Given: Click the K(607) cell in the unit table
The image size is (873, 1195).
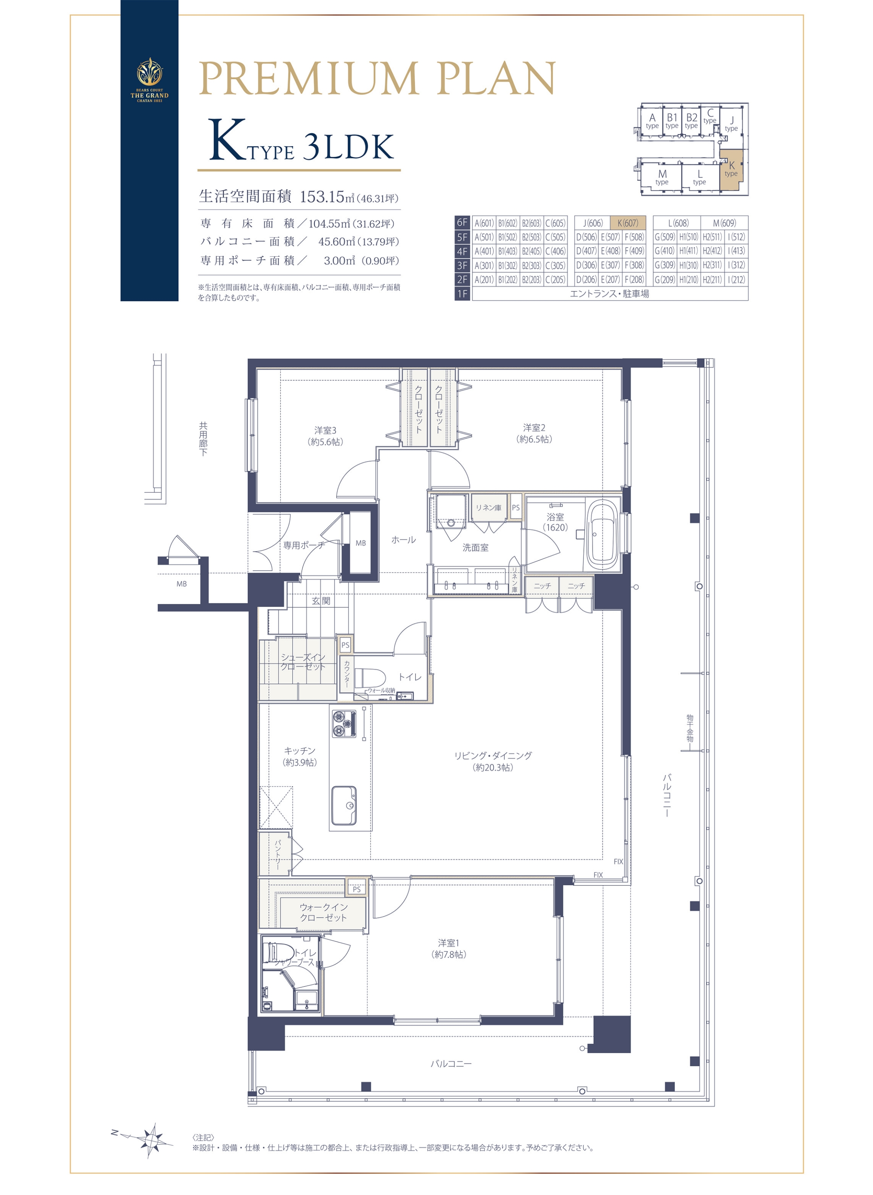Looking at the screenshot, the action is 628,223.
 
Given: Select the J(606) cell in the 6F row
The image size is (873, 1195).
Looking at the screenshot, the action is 593,223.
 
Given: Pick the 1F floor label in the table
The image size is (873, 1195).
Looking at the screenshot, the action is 463,294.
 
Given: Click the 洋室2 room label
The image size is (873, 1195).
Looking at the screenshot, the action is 534,433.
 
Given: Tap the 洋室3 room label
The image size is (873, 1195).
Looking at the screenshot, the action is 325,436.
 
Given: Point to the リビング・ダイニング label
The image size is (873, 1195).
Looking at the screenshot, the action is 493,761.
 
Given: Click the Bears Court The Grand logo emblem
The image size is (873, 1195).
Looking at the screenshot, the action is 150,72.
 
